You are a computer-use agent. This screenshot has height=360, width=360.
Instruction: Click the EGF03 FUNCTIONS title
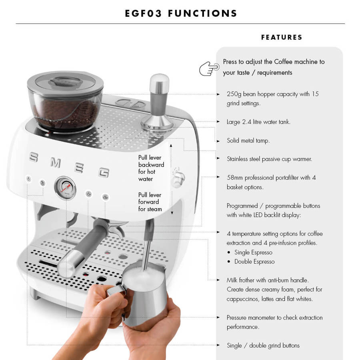[x=181, y=13]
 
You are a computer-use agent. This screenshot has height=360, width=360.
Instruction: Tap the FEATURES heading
[x=282, y=37]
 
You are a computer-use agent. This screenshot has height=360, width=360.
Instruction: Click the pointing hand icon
[x=209, y=68]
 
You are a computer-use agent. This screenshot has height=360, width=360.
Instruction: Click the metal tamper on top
[x=159, y=104]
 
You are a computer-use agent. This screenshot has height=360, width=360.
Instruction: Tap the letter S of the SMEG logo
[x=34, y=158]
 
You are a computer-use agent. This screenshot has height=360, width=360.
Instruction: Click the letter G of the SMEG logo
[x=104, y=172]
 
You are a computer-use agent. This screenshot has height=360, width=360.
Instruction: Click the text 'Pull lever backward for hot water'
[x=151, y=168]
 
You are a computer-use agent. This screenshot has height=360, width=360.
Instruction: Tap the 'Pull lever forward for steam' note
[x=150, y=202]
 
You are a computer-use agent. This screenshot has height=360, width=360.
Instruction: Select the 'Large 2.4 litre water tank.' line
[x=258, y=122]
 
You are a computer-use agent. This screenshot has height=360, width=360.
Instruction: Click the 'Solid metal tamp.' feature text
[x=248, y=140]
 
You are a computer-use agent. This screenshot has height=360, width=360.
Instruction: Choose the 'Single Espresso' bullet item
[x=253, y=252]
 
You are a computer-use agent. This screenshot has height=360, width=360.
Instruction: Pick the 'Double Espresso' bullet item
[x=254, y=262]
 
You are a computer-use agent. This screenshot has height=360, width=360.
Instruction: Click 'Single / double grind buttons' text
[x=263, y=345]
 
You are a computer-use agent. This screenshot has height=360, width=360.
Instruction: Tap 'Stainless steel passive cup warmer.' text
[x=269, y=159]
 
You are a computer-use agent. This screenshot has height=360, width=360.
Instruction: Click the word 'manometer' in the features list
[x=265, y=318]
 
